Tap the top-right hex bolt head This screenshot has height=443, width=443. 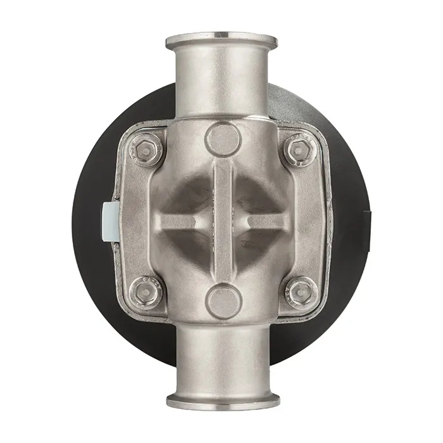coord(298,150)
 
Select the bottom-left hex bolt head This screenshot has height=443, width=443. coord(146,292)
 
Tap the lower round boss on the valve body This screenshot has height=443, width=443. coord(223,301)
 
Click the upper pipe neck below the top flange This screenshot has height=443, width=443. coord(221,82)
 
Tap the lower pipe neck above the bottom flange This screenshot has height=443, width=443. coord(221,361)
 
